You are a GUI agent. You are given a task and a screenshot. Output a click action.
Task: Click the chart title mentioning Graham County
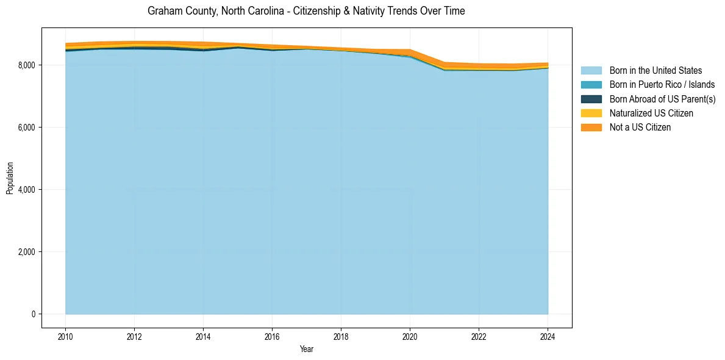[306, 11]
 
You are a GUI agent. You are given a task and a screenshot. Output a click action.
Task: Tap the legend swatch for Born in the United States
[591, 71]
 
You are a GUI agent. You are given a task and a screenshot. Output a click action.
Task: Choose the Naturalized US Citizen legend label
[651, 113]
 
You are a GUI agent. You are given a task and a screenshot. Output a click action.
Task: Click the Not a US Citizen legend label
[640, 128]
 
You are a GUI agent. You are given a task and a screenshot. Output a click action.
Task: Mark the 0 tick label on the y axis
[33, 314]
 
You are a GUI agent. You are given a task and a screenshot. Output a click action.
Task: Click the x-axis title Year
[307, 349]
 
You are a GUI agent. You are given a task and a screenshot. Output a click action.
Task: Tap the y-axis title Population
[10, 178]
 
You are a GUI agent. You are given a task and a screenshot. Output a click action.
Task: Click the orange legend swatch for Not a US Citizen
[591, 128]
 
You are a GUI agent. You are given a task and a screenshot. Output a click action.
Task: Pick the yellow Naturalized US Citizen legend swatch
[591, 113]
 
